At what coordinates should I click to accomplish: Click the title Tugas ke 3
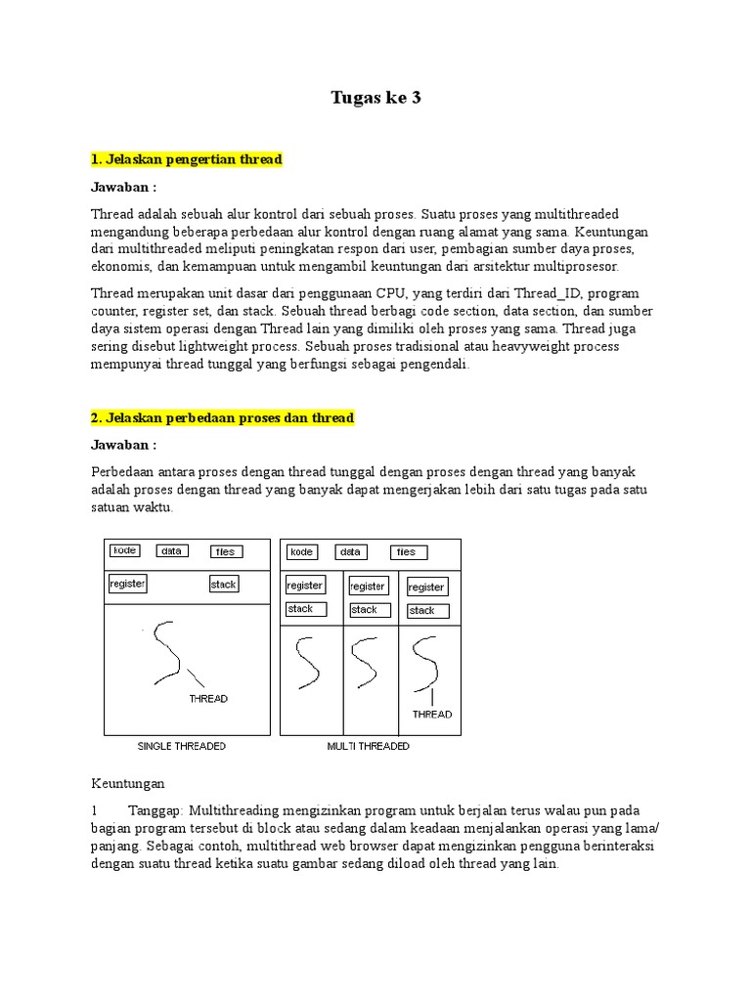click(375, 98)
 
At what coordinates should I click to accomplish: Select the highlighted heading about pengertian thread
click(186, 159)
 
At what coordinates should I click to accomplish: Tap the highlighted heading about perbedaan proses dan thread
click(222, 417)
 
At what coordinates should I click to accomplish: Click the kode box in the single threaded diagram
click(124, 550)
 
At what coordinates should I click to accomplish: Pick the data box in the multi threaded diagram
click(351, 551)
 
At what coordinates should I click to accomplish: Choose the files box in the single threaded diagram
click(227, 551)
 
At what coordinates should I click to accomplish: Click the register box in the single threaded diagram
click(127, 584)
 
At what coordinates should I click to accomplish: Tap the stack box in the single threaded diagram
click(224, 584)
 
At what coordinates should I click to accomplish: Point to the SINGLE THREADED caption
click(181, 746)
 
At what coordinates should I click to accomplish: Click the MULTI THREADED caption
click(369, 746)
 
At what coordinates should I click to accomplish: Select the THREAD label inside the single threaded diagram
click(208, 698)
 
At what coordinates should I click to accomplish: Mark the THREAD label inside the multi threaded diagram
click(432, 714)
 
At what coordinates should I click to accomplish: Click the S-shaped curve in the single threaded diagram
click(167, 652)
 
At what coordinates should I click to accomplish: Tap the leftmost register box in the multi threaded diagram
click(305, 585)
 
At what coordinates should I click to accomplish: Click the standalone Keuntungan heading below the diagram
click(128, 783)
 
